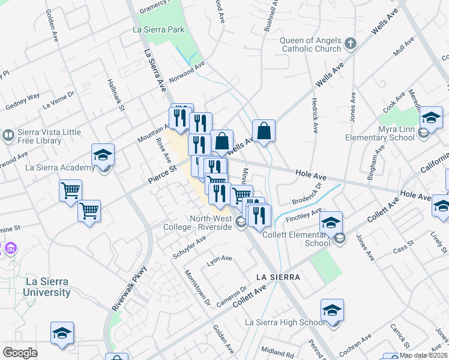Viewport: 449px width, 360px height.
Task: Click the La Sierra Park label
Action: pyautogui.click(x=159, y=29)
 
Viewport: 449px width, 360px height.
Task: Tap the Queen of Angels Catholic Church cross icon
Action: pyautogui.click(x=351, y=44)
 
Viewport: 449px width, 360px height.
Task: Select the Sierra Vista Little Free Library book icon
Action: pyautogui.click(x=7, y=135)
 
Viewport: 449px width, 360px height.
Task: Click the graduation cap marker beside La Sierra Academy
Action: pyautogui.click(x=103, y=155)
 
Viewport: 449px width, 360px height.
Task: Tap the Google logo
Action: pyautogui.click(x=20, y=353)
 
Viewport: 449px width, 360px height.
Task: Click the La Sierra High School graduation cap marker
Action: pyautogui.click(x=332, y=310)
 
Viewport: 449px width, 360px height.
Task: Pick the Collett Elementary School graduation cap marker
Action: pyautogui.click(x=331, y=223)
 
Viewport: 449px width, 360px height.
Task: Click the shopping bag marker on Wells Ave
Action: pyautogui.click(x=264, y=130)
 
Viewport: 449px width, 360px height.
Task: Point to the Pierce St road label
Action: pyautogui.click(x=162, y=173)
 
